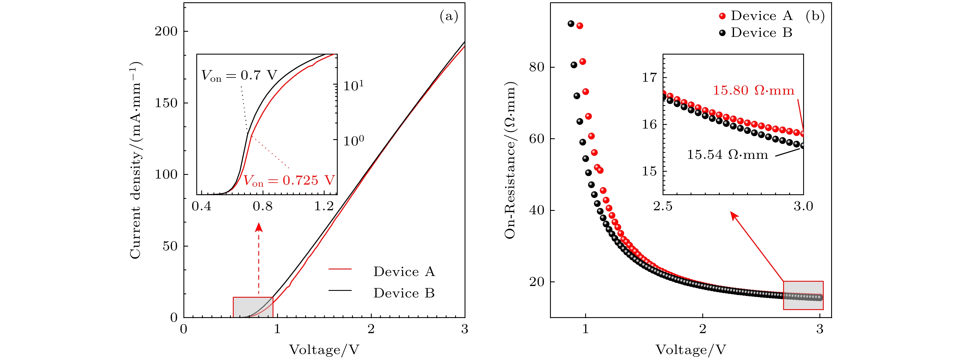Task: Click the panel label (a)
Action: (449, 16)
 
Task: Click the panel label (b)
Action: (815, 16)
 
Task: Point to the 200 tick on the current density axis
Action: (166, 31)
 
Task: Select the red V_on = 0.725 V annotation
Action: (289, 181)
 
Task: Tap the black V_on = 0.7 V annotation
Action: (239, 76)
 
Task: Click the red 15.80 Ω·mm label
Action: (753, 91)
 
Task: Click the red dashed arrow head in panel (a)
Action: (259, 227)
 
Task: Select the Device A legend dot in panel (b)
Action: (722, 16)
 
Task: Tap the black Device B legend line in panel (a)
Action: (340, 290)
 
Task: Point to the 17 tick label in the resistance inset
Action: (649, 77)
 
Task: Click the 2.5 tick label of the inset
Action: (663, 206)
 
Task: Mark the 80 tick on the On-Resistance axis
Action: (537, 67)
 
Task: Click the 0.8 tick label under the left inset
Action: (263, 206)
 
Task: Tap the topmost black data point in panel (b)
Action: (571, 24)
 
